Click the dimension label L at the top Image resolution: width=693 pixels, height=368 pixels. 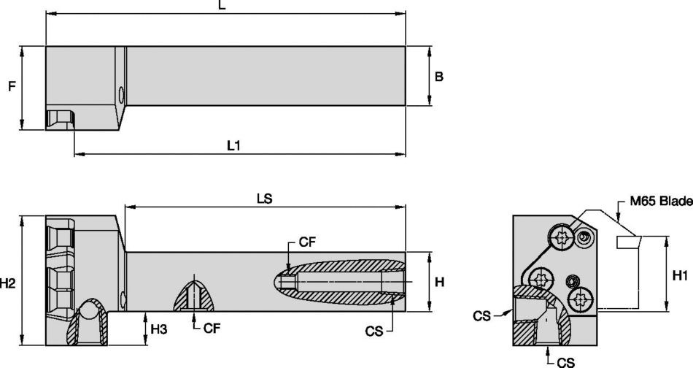(222, 6)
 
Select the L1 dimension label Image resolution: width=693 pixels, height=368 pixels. (233, 146)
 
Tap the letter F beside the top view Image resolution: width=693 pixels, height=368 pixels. (11, 86)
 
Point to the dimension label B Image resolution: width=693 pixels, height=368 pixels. (439, 77)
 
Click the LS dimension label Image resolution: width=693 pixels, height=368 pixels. (264, 199)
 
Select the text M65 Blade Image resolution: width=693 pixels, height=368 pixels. (661, 202)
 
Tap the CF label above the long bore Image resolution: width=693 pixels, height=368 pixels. (307, 243)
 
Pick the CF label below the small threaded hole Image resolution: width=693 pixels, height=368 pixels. (212, 329)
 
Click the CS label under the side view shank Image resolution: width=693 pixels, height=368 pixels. (374, 331)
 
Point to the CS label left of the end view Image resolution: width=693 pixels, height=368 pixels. (481, 315)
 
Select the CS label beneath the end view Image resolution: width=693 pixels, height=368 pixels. (565, 361)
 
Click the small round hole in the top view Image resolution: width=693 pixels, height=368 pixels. (121, 93)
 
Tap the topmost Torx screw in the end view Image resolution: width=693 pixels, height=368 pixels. (562, 236)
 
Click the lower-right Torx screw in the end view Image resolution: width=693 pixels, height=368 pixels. (581, 298)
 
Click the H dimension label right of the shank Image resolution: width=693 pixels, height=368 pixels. (439, 282)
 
